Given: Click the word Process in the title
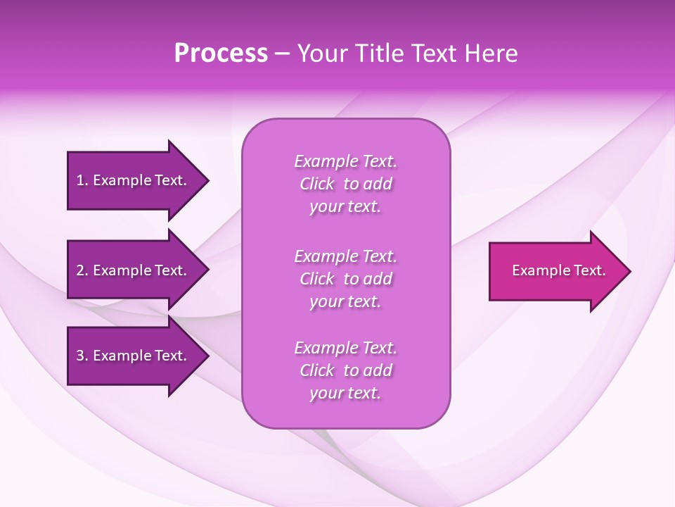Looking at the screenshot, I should (x=221, y=54).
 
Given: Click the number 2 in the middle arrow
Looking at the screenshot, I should (x=80, y=270).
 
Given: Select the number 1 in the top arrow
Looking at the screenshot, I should (x=80, y=180).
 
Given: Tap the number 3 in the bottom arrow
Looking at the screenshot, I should (x=80, y=356).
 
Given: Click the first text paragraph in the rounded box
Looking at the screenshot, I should (x=345, y=184).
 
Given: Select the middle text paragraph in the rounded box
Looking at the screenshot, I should (x=345, y=279).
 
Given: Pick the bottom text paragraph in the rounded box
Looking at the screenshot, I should (x=345, y=370).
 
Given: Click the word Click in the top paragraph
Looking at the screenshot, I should (x=316, y=184).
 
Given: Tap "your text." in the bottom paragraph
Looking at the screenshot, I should (x=345, y=393).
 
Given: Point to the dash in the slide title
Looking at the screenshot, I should (x=283, y=54).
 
